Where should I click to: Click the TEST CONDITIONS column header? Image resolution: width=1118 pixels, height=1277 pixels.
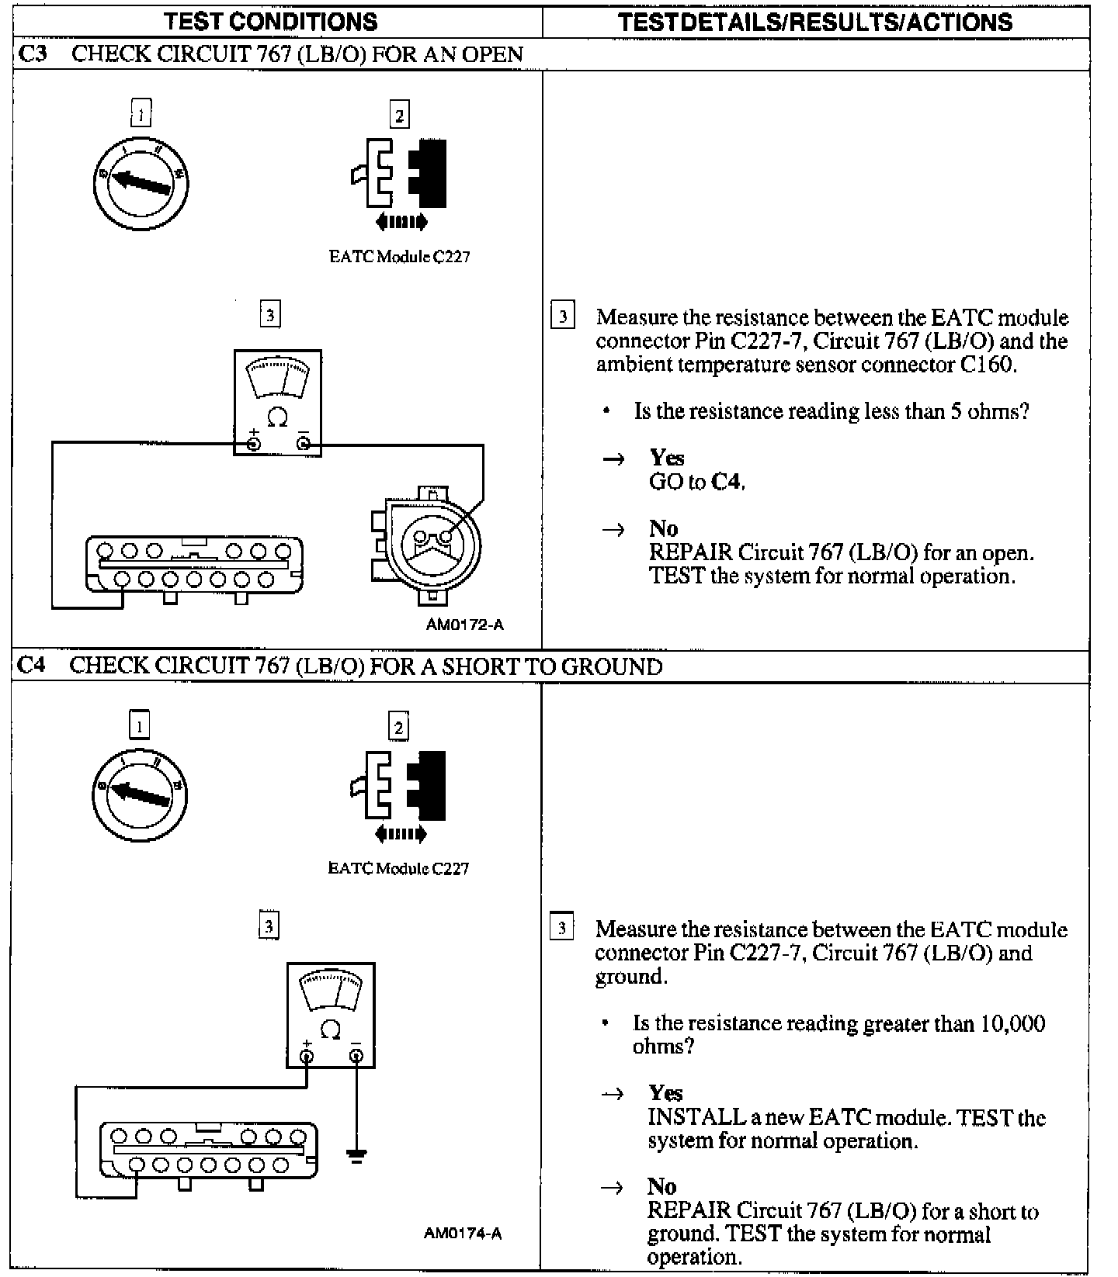pyautogui.click(x=270, y=21)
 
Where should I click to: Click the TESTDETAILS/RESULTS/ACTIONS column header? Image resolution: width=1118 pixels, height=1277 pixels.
pyautogui.click(x=815, y=22)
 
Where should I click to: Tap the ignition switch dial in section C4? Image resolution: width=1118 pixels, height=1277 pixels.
pyautogui.click(x=140, y=794)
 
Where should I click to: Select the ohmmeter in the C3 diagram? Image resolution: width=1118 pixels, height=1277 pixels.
pyautogui.click(x=278, y=403)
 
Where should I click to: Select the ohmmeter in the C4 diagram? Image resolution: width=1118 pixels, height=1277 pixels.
pyautogui.click(x=331, y=1015)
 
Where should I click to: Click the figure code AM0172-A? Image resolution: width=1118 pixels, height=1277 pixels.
pyautogui.click(x=464, y=625)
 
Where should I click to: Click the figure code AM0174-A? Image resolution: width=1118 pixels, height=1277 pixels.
pyautogui.click(x=463, y=1234)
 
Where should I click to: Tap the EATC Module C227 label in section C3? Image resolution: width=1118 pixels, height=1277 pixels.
pyautogui.click(x=399, y=257)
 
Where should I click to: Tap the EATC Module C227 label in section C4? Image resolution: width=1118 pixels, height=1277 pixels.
pyautogui.click(x=398, y=869)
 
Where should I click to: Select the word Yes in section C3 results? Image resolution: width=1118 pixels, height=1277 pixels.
pyautogui.click(x=667, y=457)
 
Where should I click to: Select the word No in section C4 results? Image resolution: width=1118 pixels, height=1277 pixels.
pyautogui.click(x=661, y=1186)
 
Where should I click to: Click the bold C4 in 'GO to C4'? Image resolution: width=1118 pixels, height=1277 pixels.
pyautogui.click(x=727, y=482)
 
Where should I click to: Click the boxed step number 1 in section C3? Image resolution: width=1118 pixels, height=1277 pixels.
pyautogui.click(x=141, y=114)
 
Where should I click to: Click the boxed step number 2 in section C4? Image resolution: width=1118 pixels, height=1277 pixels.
pyautogui.click(x=398, y=727)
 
